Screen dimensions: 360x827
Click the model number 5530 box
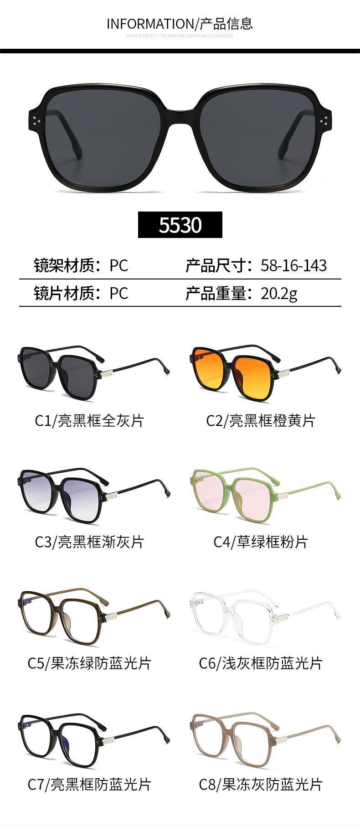tap(180, 225)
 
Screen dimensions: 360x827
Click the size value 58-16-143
tap(293, 265)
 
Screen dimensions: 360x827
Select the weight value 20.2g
tap(279, 293)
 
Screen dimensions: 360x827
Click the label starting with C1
tap(89, 420)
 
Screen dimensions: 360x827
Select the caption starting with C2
tap(260, 420)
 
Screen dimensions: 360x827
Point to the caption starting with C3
tap(89, 542)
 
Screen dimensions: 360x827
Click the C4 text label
tap(260, 542)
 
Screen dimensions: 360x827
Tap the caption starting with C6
tap(260, 663)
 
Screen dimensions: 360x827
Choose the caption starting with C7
tap(89, 784)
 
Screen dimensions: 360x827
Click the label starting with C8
tap(260, 784)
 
